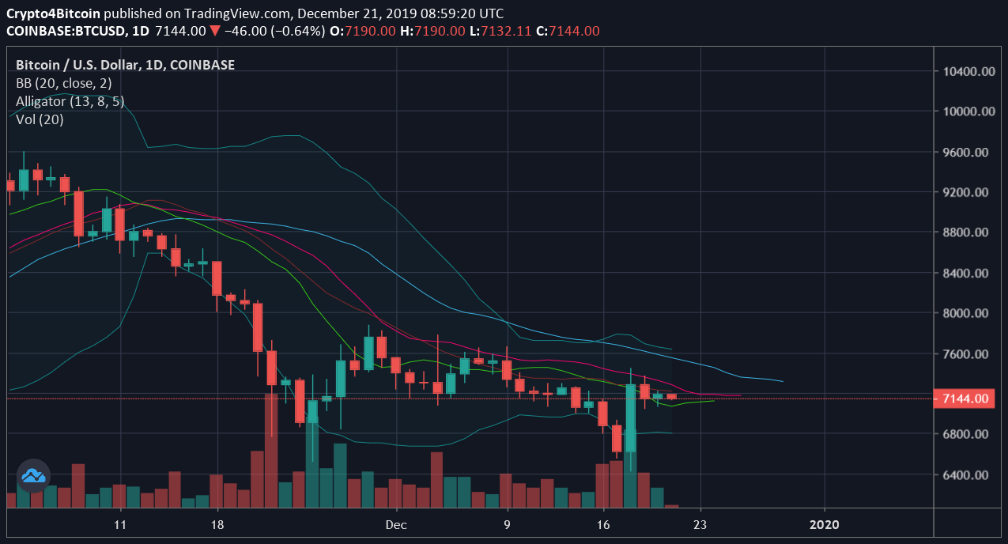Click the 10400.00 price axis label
[x=970, y=71]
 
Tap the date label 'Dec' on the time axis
[x=396, y=524]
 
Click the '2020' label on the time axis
[x=825, y=524]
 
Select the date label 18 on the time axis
[x=218, y=524]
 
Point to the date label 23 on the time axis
[x=700, y=524]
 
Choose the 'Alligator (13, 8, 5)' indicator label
[x=70, y=101]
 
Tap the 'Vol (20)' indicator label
[x=40, y=119]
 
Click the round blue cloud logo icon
[x=33, y=475]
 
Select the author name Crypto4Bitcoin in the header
[x=53, y=14]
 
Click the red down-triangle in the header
[x=214, y=32]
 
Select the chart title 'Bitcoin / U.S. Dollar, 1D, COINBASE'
[x=125, y=65]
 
